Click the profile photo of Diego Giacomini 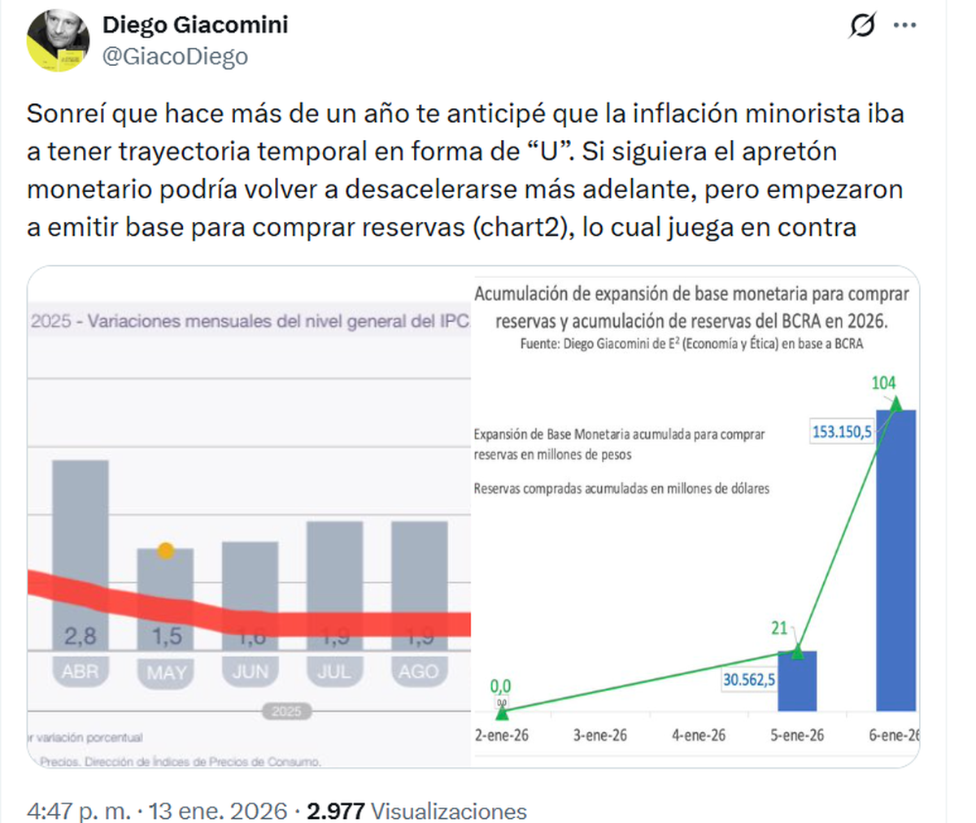point(59,40)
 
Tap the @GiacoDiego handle point(175,57)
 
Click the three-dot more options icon point(904,26)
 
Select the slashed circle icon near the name point(862,26)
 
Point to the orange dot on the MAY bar point(166,551)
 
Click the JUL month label point(334,672)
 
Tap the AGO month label point(418,672)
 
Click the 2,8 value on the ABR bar point(80,636)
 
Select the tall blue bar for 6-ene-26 point(895,561)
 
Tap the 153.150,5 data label point(842,432)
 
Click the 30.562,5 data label point(748,680)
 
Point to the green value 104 point(883,383)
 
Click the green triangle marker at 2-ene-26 point(502,713)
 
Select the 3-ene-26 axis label point(600,735)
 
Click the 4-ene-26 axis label point(699,735)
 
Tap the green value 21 point(779,628)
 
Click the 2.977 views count point(335,811)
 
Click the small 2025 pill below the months point(286,712)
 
